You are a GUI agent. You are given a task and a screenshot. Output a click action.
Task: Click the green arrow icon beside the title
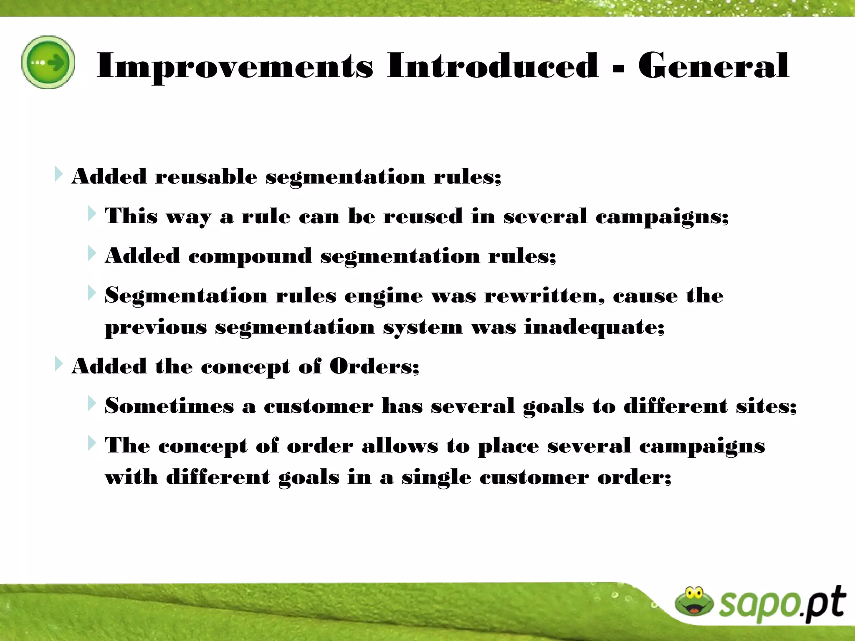(48, 62)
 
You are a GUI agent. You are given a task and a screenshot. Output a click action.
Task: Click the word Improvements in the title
(235, 66)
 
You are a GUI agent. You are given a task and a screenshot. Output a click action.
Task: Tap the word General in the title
(713, 66)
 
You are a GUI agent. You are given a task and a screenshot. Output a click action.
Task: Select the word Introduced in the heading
(493, 66)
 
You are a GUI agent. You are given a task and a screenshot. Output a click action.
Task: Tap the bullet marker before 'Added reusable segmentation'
(58, 174)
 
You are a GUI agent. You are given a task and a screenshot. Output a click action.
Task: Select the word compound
(250, 256)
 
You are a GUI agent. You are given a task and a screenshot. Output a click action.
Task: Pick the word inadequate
(594, 327)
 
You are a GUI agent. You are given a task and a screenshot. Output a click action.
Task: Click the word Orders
(374, 366)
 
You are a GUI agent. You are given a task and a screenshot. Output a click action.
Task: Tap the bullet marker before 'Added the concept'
(58, 364)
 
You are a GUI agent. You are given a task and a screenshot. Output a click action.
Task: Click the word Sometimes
(169, 406)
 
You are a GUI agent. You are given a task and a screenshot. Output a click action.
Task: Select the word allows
(400, 446)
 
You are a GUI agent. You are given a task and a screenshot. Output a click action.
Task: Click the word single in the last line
(436, 477)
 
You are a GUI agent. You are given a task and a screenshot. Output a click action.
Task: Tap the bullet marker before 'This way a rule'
(92, 214)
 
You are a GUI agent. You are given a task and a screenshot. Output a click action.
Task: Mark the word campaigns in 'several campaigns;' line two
(661, 217)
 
